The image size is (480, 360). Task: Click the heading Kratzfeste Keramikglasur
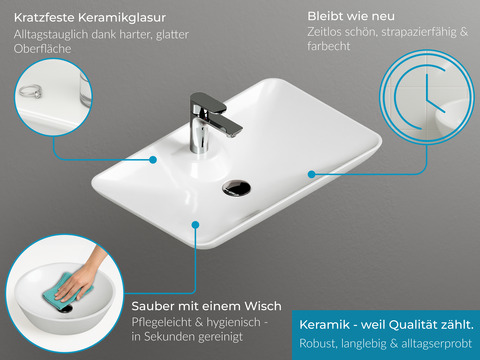(x=90, y=18)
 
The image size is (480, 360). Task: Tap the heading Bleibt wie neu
(x=351, y=16)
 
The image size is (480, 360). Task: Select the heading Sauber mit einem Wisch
(x=206, y=306)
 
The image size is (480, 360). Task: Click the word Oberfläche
(x=42, y=49)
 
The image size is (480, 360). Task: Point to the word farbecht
(x=329, y=46)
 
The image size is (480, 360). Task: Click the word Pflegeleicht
(x=161, y=322)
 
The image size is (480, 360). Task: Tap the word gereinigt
(x=221, y=337)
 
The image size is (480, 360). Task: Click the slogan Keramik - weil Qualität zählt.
(x=386, y=325)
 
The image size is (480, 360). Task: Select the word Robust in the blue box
(x=318, y=343)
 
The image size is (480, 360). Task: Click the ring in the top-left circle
(x=30, y=91)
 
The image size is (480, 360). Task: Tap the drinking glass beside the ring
(x=85, y=89)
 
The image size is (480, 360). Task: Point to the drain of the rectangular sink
(x=236, y=187)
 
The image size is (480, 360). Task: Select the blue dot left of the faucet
(x=153, y=160)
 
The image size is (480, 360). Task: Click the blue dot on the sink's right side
(x=312, y=174)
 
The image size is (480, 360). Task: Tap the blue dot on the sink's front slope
(x=196, y=225)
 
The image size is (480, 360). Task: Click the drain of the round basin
(x=66, y=308)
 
